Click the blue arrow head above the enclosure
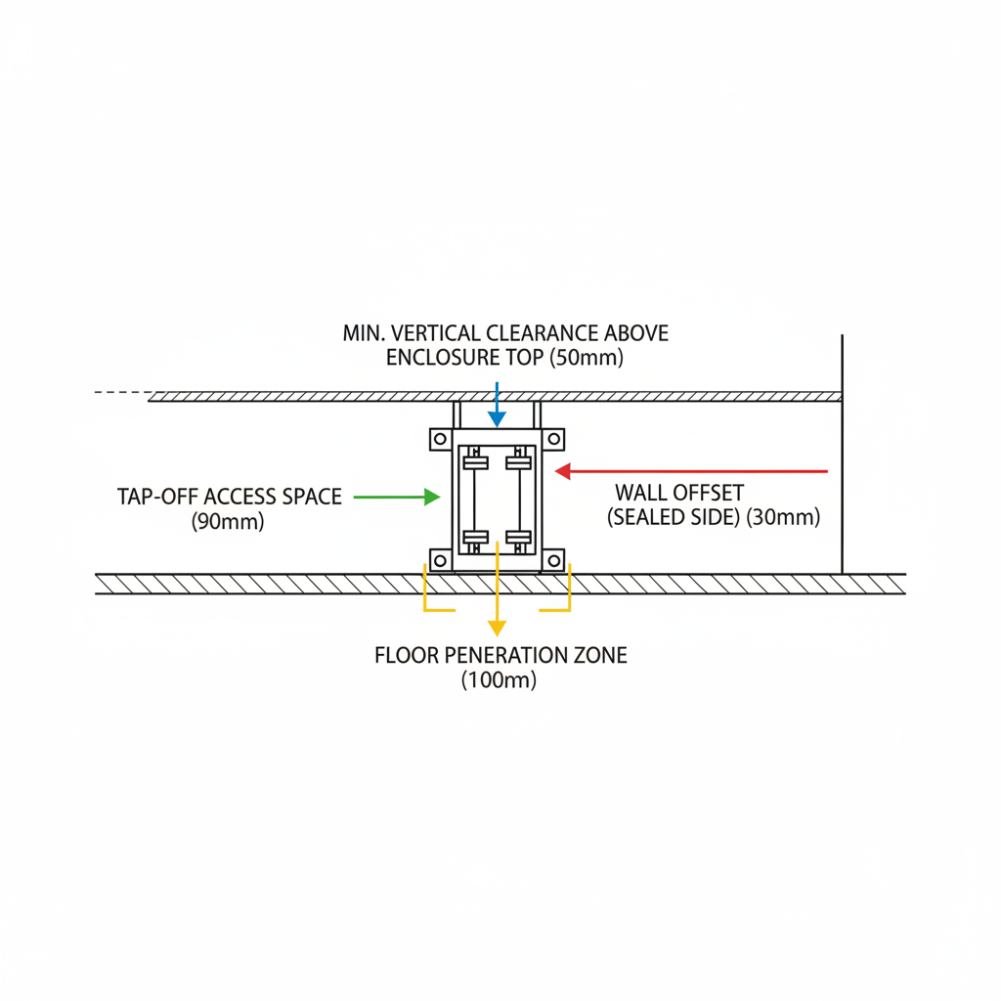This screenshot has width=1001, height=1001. (x=497, y=419)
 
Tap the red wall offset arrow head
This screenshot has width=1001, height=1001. (x=562, y=472)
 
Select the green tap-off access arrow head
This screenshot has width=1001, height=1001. (x=432, y=497)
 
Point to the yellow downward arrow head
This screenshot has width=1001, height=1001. (x=497, y=629)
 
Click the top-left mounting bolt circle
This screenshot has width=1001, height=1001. (x=440, y=439)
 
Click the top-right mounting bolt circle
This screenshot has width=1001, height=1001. (x=553, y=439)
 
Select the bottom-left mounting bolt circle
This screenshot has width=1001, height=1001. (x=440, y=561)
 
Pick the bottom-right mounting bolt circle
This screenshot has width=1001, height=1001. (x=553, y=561)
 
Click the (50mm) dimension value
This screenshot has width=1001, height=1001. (x=587, y=358)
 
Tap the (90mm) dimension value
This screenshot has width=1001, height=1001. (x=227, y=522)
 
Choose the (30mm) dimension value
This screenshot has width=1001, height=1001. (x=783, y=517)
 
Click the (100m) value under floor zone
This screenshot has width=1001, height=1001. (x=499, y=680)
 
